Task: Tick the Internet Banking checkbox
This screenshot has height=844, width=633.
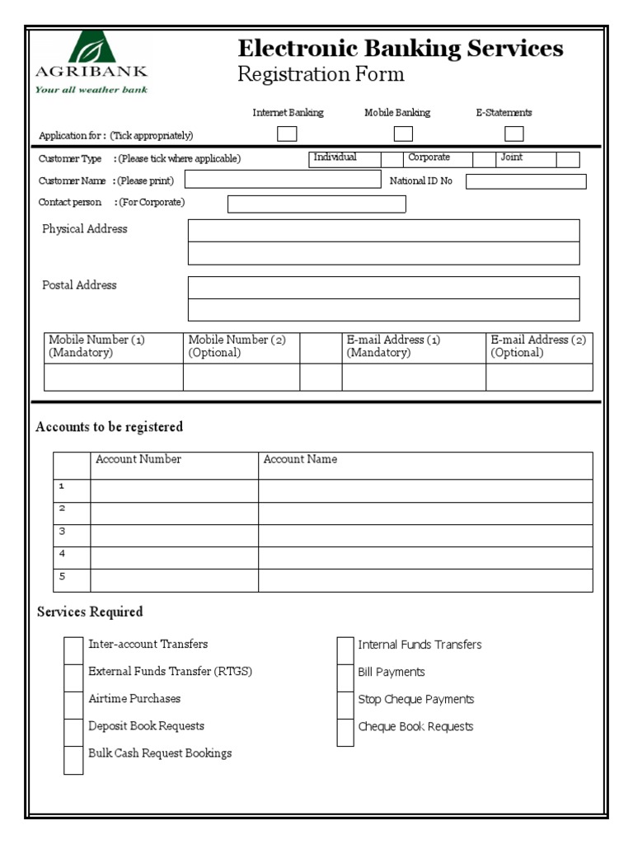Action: [x=287, y=134]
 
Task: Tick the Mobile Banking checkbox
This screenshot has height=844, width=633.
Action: [x=403, y=134]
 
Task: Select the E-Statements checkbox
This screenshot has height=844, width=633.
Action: [x=514, y=134]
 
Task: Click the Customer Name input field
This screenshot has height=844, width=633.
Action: [x=283, y=181]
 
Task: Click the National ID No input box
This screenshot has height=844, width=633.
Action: [x=526, y=181]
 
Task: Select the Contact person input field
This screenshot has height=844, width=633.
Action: [x=316, y=204]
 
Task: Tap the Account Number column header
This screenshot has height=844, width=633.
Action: [x=138, y=460]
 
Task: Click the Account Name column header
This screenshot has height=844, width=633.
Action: [x=300, y=460]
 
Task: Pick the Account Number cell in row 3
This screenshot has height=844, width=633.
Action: [x=174, y=536]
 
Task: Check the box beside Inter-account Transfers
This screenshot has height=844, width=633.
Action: [x=74, y=650]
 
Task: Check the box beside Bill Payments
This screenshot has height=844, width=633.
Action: [x=345, y=678]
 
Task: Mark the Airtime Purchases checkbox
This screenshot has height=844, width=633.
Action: [x=74, y=705]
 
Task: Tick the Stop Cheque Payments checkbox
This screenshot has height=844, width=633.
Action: [x=345, y=705]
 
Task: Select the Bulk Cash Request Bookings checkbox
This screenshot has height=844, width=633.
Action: [x=74, y=760]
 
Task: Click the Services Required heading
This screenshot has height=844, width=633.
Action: [x=90, y=612]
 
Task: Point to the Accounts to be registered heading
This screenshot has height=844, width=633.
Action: [x=110, y=427]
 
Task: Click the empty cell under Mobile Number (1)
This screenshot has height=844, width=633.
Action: [x=113, y=377]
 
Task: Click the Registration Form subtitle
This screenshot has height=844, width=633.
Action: [x=321, y=75]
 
